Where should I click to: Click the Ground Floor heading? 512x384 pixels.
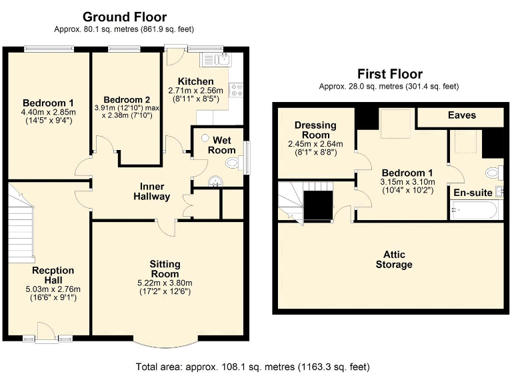[x=124, y=17]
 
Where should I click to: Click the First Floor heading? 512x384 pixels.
[x=389, y=74]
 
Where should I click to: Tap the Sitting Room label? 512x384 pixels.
[x=164, y=269]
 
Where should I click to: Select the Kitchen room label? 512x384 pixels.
[x=190, y=81]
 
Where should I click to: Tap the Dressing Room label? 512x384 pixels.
[x=314, y=130]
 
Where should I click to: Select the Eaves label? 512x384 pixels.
[x=461, y=115]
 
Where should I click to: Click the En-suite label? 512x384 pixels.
[x=473, y=193]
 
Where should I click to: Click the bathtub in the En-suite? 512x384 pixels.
[x=473, y=211]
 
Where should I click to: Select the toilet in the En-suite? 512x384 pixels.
[x=493, y=173]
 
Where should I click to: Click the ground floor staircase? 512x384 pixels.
[x=22, y=227]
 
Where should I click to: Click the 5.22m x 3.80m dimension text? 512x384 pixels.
[x=164, y=283]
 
